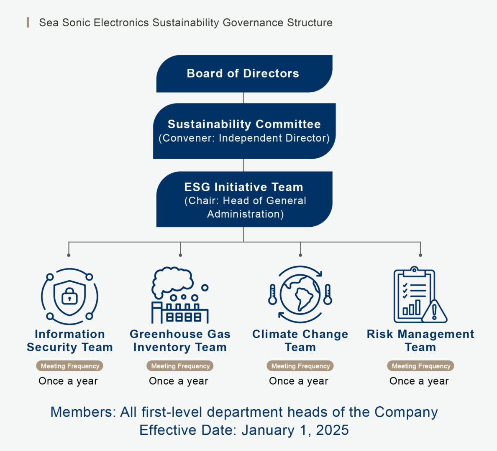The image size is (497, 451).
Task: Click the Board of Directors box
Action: click(x=244, y=73)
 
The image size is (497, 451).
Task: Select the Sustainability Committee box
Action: click(x=244, y=131)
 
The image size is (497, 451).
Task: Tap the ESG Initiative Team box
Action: click(x=244, y=200)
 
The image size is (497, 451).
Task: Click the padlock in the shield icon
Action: click(x=69, y=296)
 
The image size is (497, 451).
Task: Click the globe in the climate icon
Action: click(x=300, y=294)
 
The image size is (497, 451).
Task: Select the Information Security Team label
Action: click(x=70, y=341)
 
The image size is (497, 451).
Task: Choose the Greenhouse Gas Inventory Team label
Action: click(x=180, y=341)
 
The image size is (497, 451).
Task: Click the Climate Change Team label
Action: click(x=300, y=341)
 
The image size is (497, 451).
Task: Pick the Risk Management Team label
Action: click(x=420, y=341)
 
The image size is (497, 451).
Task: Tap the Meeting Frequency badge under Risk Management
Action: click(x=420, y=366)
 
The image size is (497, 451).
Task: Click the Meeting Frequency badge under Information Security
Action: click(x=70, y=366)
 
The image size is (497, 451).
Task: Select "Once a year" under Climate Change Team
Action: click(x=299, y=381)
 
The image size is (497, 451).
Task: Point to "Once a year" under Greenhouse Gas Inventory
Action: click(x=179, y=381)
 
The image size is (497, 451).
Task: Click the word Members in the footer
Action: click(x=82, y=412)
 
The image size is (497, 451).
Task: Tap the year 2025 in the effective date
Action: click(x=332, y=430)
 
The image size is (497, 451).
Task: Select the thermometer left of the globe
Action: click(x=273, y=294)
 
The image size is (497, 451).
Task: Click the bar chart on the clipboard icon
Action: click(x=412, y=308)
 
